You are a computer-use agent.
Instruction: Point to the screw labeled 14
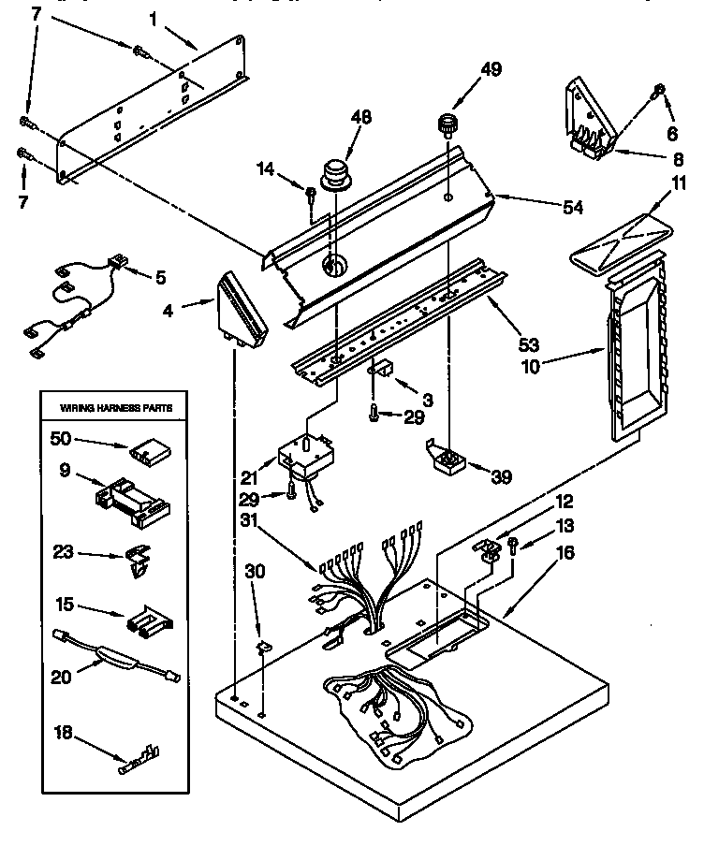click(310, 194)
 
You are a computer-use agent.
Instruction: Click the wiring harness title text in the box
click(117, 408)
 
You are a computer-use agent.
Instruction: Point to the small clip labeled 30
click(263, 645)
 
